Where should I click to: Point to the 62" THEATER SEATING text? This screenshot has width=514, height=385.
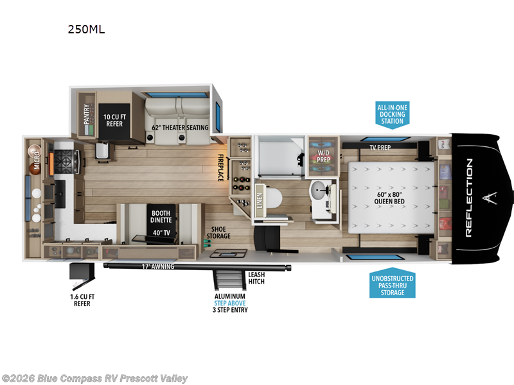pos(180,128)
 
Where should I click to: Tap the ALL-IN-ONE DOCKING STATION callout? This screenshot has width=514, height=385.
pos(392,114)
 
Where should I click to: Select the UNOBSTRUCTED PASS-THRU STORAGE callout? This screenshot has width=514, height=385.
pos(392,285)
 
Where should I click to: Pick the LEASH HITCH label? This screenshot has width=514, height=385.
pos(256,278)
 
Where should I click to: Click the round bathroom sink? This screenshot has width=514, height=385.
pos(319,190)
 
